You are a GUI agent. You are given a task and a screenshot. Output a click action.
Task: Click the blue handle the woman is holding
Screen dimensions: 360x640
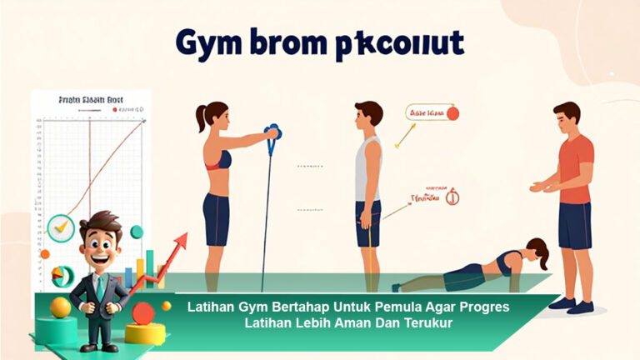pyautogui.click(x=272, y=134)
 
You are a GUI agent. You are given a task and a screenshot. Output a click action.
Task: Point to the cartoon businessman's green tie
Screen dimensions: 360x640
pyautogui.click(x=100, y=287)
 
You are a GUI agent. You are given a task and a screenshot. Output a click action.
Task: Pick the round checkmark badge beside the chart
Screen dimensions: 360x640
pyautogui.click(x=61, y=227)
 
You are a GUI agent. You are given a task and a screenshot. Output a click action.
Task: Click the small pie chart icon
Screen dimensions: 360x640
pyautogui.click(x=59, y=273)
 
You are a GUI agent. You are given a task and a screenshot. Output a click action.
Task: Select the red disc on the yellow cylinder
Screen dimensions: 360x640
pyautogui.click(x=143, y=313)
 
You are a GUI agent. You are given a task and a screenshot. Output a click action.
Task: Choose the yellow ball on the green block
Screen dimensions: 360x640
pyautogui.click(x=60, y=307)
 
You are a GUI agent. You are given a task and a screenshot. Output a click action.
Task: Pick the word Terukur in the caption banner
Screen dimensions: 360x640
pyautogui.click(x=425, y=323)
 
